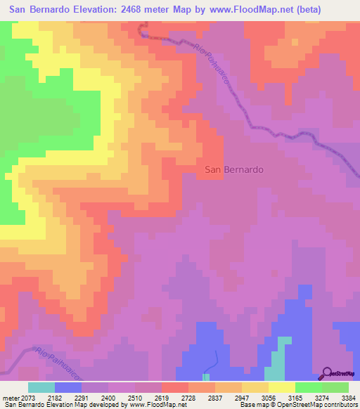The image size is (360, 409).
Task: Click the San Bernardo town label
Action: pos(234,170)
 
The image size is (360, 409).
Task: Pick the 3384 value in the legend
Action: pos(348,398)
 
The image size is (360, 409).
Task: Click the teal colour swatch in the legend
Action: pos(41,387)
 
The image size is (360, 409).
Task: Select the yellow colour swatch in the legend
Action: pos(282,387)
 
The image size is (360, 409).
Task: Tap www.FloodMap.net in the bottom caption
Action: pos(152,405)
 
